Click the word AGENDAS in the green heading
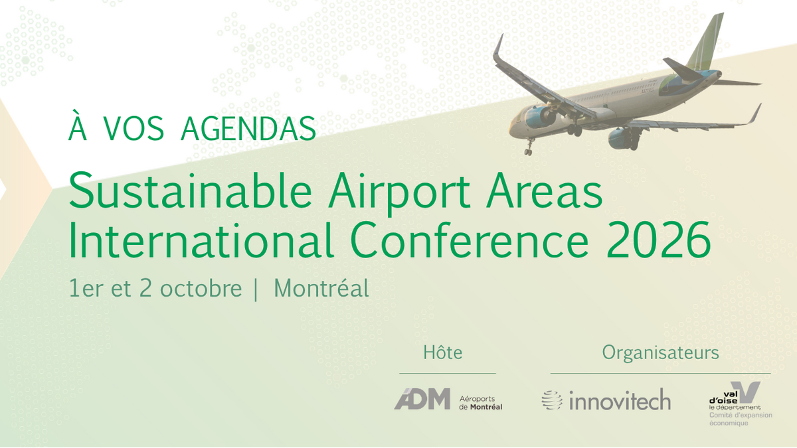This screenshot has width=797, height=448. click(248, 128)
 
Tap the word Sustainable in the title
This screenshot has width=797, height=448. click(191, 190)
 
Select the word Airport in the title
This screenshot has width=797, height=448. click(399, 194)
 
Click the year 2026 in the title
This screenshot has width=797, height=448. click(659, 240)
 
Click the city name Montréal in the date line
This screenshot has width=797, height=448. click(321, 288)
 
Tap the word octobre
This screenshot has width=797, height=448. click(201, 289)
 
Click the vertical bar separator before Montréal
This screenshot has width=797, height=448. click(256, 289)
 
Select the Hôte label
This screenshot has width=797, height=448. click(442, 352)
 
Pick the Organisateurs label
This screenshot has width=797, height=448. click(660, 353)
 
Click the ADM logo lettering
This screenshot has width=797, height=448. click(422, 399)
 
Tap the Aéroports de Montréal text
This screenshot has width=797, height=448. click(480, 403)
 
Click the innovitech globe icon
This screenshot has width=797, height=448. click(552, 400)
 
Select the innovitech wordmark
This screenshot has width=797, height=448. click(620, 400)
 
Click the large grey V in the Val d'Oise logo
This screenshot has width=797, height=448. click(747, 392)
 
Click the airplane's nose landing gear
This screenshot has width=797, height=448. click(529, 147)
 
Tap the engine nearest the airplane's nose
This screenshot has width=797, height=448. click(539, 117)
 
